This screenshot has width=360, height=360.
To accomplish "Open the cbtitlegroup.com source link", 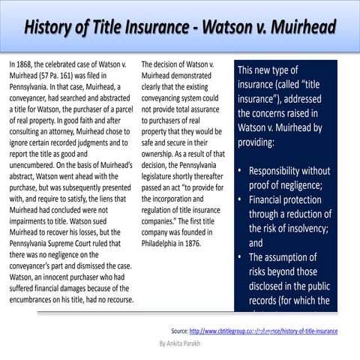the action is click(263, 330).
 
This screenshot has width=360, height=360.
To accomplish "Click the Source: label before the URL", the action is click(179, 330).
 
